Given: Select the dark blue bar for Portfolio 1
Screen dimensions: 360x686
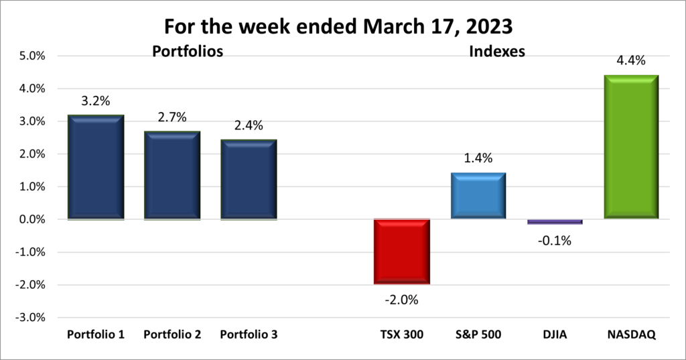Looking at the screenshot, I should click(x=96, y=168).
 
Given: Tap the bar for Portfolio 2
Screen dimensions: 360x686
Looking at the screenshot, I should click(x=173, y=176).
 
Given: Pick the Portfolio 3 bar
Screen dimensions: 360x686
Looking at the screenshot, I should click(x=249, y=180).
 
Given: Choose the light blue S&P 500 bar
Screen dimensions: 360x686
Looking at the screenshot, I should click(x=478, y=196).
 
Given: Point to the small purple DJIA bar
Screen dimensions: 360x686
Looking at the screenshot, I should click(x=555, y=221).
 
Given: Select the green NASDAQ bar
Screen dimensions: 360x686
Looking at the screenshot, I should click(x=631, y=147).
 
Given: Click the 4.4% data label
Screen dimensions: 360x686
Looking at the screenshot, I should click(x=631, y=61).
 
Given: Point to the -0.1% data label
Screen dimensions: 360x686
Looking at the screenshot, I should click(x=555, y=240).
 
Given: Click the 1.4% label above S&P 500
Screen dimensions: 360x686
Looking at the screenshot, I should click(x=478, y=159).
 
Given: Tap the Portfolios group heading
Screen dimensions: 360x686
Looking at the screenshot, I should click(x=187, y=51).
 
